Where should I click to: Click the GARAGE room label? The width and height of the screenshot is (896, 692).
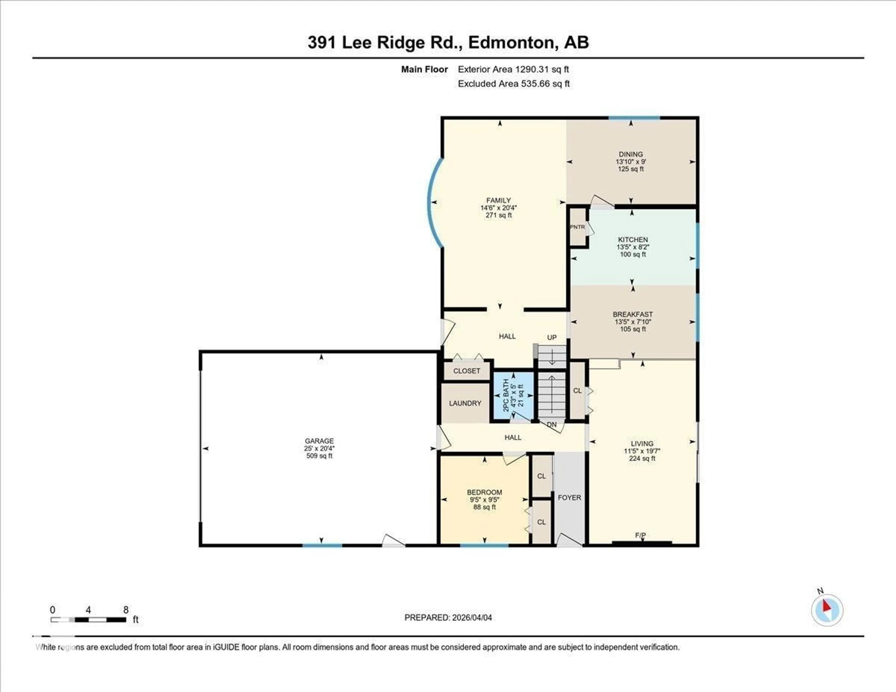pos(319,441)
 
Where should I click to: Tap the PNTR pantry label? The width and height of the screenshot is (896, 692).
pos(577,227)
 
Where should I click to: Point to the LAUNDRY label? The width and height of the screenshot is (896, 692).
pos(465,403)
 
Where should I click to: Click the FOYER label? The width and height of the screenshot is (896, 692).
pos(569,498)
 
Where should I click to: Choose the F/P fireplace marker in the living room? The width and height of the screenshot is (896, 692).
pos(640,535)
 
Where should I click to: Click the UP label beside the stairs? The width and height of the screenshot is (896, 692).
pos(552,337)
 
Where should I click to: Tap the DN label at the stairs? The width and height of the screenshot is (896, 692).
pos(552,425)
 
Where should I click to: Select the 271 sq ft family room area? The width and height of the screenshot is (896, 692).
pos(498,215)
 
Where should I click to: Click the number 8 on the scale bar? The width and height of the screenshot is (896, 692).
pos(126,610)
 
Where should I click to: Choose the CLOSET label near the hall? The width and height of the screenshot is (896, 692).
pos(466,371)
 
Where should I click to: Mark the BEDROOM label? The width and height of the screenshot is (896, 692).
pos(484,492)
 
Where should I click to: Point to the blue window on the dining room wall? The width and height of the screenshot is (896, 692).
pos(634,118)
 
